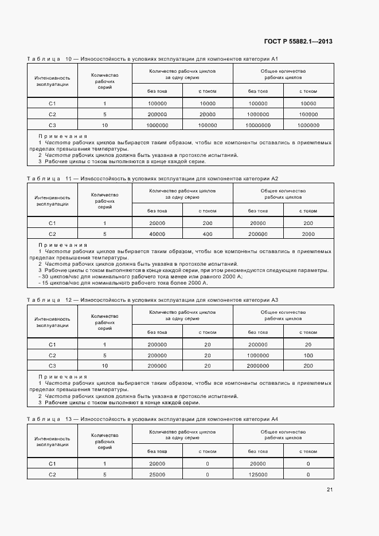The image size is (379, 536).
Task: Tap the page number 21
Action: click(x=330, y=489)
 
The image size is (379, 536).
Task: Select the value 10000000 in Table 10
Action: click(x=258, y=125)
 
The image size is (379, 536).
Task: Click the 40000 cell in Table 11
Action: click(x=157, y=234)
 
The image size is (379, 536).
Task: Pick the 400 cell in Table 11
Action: click(x=208, y=234)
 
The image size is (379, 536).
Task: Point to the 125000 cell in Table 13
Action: click(x=258, y=474)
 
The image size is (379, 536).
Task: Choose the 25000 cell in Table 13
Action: click(x=157, y=474)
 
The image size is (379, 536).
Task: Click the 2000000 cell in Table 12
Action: click(x=258, y=365)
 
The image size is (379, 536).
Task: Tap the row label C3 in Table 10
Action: click(x=52, y=125)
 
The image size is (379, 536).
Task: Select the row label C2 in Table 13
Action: click(x=52, y=474)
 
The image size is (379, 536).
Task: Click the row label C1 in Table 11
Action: click(x=52, y=223)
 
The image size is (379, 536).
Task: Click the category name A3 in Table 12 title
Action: click(x=274, y=299)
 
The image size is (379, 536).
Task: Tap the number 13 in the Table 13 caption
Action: click(x=69, y=420)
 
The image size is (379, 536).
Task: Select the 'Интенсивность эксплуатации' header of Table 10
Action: click(x=52, y=81)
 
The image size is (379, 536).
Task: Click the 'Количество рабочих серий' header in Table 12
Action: click(x=104, y=322)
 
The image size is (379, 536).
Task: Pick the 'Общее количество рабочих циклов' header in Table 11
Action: click(x=283, y=194)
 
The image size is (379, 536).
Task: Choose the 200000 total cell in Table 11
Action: click(x=258, y=234)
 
